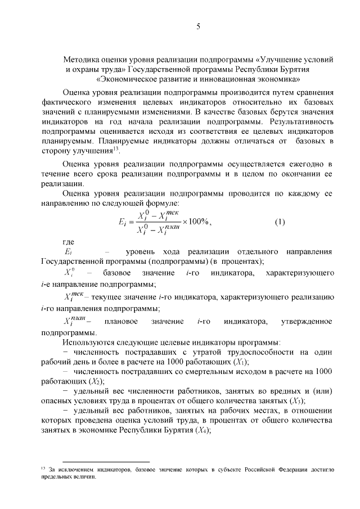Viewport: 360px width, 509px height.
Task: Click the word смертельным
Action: (x=177, y=372)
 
